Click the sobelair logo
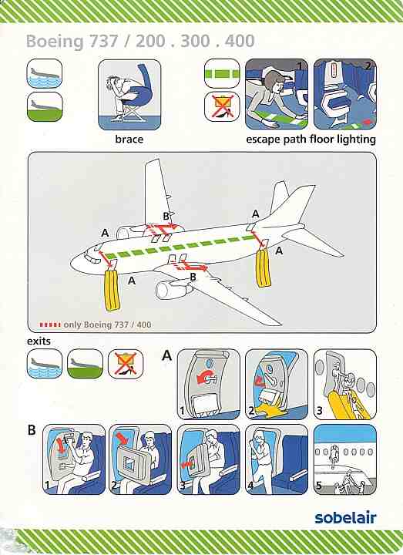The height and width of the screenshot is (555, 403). coord(345,517)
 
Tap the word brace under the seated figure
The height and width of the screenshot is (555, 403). coord(129,139)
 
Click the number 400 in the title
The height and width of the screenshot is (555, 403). coord(240,41)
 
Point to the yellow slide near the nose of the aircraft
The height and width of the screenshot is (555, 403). coord(113,291)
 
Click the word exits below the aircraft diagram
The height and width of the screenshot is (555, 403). coord(39,341)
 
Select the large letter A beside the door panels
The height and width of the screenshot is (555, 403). coord(166,355)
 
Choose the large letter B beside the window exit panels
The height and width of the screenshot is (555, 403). coord(32,429)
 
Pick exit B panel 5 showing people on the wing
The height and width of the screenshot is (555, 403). coord(345,459)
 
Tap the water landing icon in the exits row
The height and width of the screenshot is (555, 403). coord(45,364)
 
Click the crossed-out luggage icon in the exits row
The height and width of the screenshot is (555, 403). coord(126,364)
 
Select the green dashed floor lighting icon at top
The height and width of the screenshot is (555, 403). coord(222,74)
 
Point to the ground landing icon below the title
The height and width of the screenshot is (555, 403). coord(45,106)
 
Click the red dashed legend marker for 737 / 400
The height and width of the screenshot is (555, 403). coord(50,325)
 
